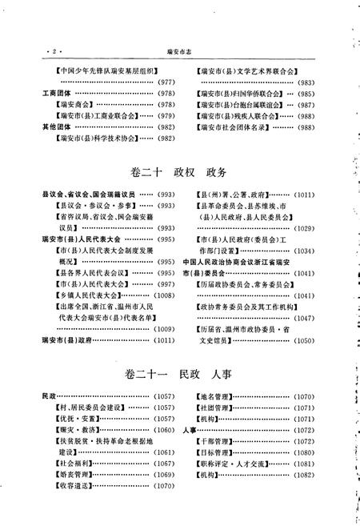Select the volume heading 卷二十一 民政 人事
point(180,374)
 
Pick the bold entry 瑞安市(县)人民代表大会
point(81,239)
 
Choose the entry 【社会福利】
point(67,463)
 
